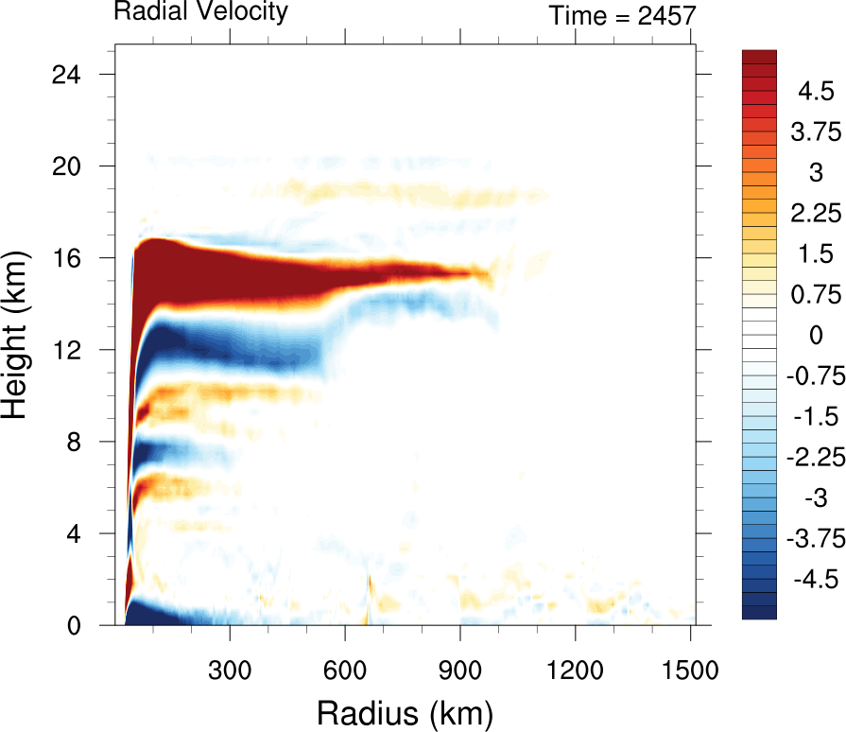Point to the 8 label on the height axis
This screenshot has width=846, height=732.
tap(82, 442)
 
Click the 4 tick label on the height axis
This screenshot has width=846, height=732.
tap(82, 533)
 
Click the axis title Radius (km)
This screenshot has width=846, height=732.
tap(405, 710)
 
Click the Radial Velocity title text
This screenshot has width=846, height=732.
tap(200, 12)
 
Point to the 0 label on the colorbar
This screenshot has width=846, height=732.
tap(811, 335)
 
